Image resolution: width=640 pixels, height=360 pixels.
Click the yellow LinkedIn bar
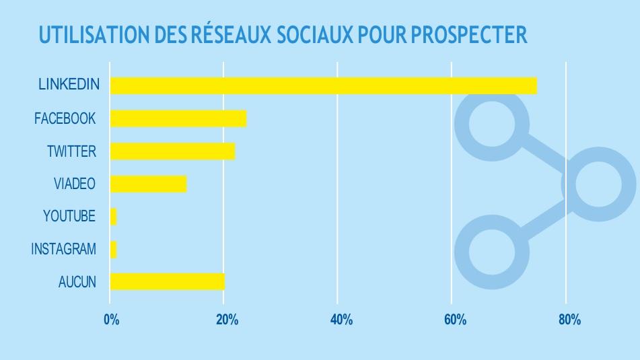[x=323, y=85]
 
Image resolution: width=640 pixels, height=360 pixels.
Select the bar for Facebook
[x=178, y=118]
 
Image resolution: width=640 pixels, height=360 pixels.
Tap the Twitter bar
[x=172, y=151]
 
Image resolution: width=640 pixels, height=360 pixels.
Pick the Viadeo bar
[x=148, y=184]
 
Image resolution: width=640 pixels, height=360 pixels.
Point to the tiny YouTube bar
[x=113, y=217]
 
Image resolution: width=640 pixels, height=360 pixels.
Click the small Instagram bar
[x=113, y=249]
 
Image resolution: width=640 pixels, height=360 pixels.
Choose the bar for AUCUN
[x=167, y=281]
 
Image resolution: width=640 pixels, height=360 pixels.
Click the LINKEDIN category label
[x=69, y=85]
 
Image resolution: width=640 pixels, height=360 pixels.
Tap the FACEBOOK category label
[x=65, y=118]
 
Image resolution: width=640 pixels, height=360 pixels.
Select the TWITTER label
[x=71, y=151]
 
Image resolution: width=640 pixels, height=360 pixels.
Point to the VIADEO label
[x=75, y=184]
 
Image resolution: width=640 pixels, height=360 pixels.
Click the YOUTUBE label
[x=69, y=217]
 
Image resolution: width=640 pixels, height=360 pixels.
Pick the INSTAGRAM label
[x=63, y=249]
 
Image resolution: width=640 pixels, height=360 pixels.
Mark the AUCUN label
[x=77, y=281]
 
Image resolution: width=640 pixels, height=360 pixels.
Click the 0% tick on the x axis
[x=112, y=320]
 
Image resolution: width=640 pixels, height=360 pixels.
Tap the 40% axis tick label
[x=341, y=320]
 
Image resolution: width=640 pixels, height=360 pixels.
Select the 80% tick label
[x=569, y=320]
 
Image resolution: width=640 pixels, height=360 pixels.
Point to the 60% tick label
[x=455, y=320]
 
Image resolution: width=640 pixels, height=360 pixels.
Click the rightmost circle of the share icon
[x=598, y=184]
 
